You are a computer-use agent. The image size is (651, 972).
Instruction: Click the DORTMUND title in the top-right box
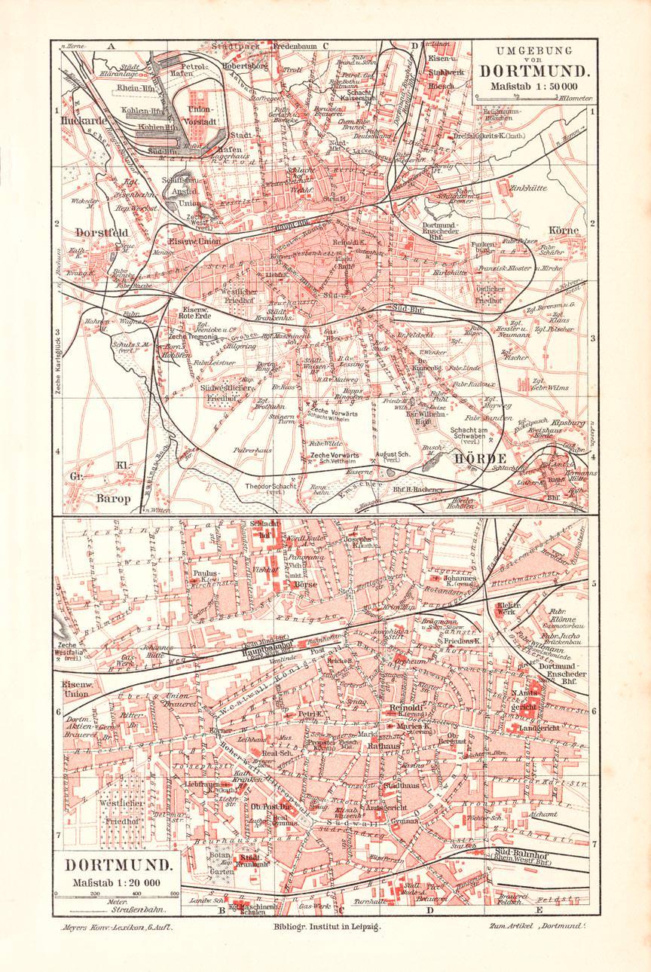point(532,73)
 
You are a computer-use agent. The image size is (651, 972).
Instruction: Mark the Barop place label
point(113,498)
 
